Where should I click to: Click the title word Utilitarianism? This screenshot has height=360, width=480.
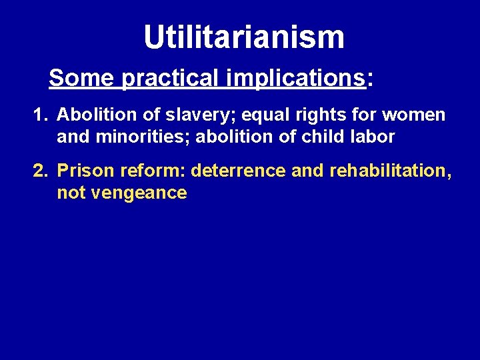(244, 37)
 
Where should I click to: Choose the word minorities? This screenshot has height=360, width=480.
(142, 137)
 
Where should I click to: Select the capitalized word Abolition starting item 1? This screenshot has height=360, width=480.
(90, 115)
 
